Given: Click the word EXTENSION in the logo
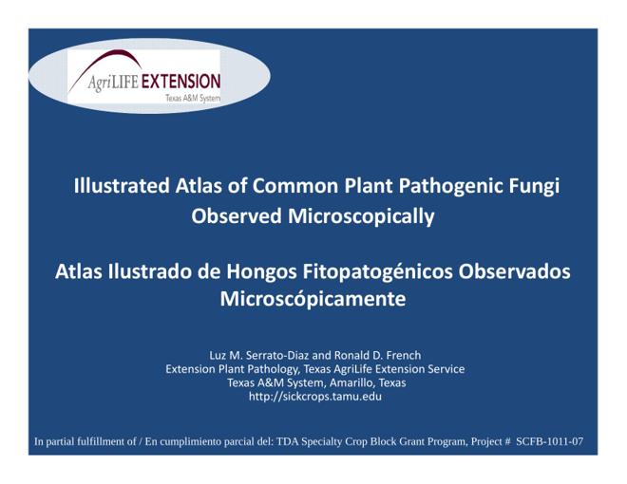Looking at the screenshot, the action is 181,82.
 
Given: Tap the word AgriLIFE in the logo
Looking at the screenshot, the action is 113,83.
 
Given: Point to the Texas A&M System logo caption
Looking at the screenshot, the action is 193,98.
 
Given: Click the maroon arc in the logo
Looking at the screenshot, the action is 104,68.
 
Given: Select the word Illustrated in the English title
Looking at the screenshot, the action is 122,186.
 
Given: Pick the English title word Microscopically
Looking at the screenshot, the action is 361,217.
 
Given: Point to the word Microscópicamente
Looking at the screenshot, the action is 313,299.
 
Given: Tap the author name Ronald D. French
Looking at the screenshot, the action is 377,356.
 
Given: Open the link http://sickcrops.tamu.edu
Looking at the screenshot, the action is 315,397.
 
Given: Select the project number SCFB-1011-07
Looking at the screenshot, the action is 549,441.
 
